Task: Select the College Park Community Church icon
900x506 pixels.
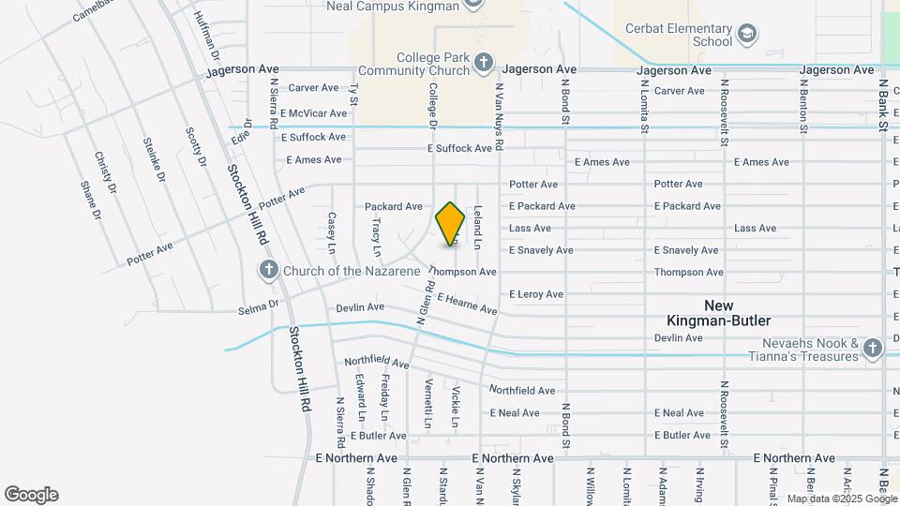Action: [x=483, y=64]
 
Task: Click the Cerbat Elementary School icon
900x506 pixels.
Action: [x=747, y=36]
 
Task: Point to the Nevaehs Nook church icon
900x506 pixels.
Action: [x=873, y=350]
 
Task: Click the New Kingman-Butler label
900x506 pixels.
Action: [x=731, y=313]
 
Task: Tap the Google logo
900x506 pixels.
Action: [x=31, y=495]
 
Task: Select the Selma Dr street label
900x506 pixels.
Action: [x=259, y=305]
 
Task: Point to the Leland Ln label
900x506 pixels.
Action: [x=477, y=228]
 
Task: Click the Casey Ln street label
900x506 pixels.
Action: [x=331, y=232]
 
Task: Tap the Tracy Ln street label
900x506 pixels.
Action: [x=376, y=238]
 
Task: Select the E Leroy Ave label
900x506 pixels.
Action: [x=536, y=294]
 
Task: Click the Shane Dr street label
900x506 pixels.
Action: [x=90, y=200]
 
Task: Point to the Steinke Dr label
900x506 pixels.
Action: [x=154, y=159]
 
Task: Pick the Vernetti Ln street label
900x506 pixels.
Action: [x=427, y=404]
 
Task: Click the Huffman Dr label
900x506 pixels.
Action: [x=207, y=32]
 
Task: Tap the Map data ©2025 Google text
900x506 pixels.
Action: [x=842, y=499]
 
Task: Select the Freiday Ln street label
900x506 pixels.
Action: [x=384, y=397]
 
